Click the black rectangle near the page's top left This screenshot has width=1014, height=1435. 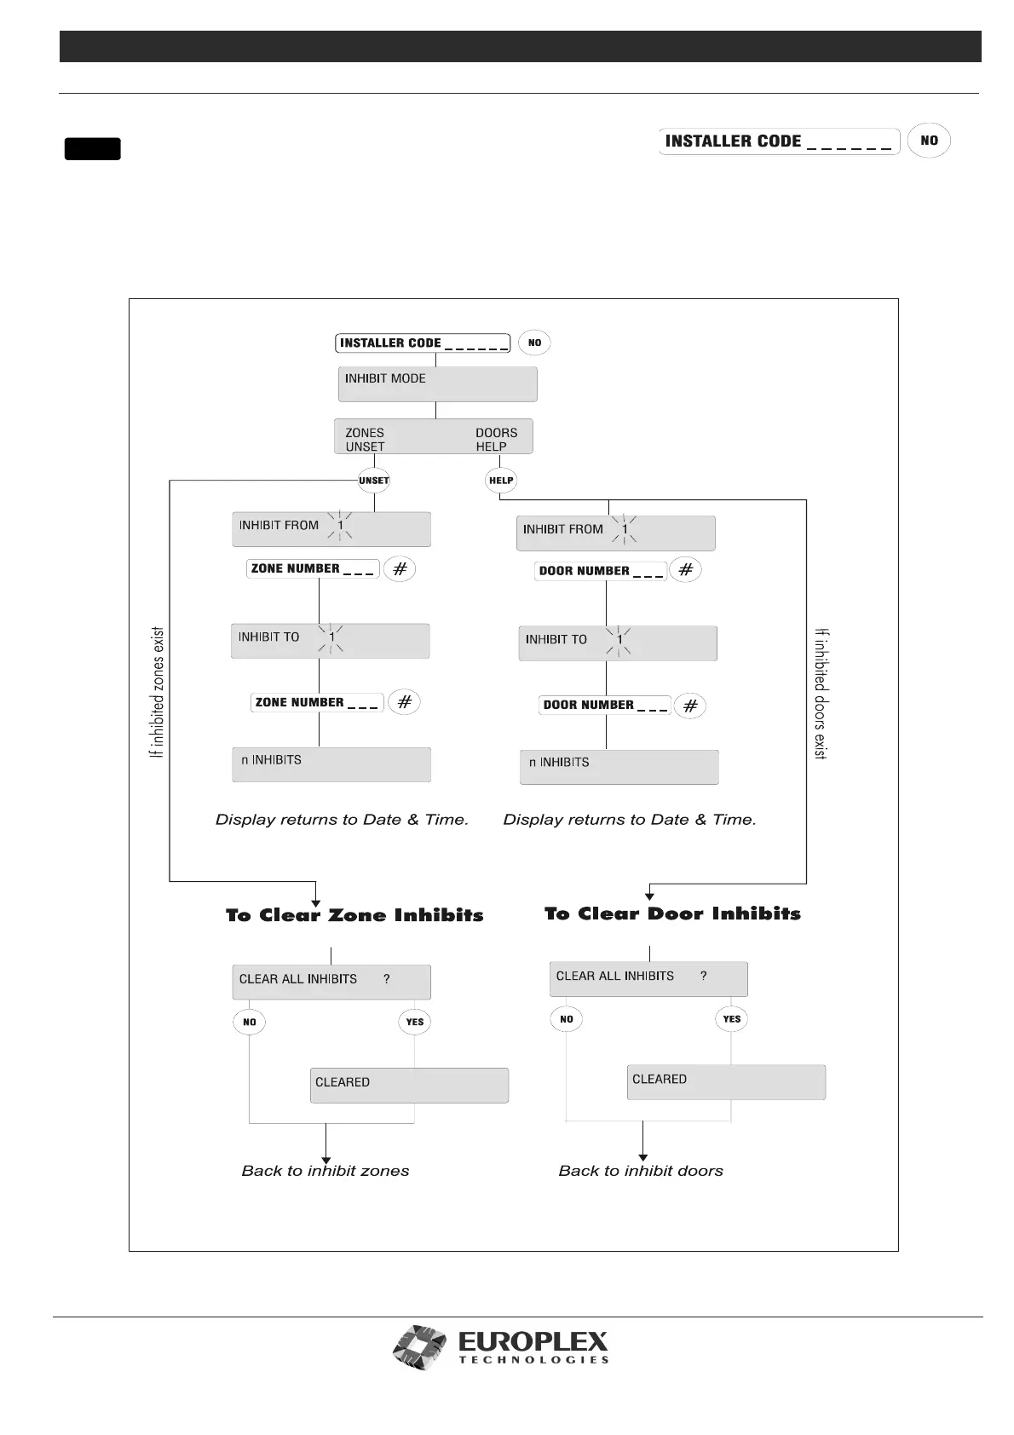point(92,149)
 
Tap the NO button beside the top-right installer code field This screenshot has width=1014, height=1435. point(929,141)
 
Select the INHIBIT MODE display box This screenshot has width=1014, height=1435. point(437,384)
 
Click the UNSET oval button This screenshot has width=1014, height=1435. point(374,481)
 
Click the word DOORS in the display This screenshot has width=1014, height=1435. point(496,433)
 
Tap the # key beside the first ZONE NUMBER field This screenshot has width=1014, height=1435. point(400,568)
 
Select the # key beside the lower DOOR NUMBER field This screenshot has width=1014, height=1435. point(690,706)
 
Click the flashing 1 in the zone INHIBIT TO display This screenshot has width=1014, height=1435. point(332,637)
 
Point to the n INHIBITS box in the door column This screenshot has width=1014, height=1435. point(619,767)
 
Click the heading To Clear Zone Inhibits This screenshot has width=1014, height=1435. point(354,915)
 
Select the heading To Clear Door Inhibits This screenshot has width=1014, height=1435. point(672,913)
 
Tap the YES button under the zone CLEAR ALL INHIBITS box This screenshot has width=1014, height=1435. point(415,1022)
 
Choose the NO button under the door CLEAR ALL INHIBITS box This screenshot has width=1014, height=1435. point(567,1019)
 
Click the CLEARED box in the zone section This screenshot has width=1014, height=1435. point(409,1086)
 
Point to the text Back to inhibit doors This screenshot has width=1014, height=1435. point(641,1171)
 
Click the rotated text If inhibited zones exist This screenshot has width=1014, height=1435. point(157,693)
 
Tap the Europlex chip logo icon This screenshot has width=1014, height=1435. point(419,1347)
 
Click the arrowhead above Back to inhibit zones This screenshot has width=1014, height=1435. point(326,1157)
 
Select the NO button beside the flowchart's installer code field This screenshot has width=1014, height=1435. point(534,343)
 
